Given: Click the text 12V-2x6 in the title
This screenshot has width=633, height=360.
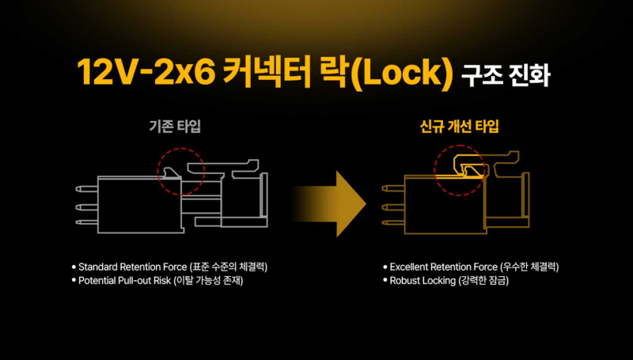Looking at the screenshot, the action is (146, 73).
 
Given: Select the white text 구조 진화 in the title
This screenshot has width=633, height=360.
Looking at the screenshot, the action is (506, 75).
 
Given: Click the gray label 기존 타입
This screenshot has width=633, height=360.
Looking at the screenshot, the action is (175, 127).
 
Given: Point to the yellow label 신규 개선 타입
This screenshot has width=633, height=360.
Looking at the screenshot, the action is (460, 127).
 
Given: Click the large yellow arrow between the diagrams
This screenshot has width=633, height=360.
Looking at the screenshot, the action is (329, 204).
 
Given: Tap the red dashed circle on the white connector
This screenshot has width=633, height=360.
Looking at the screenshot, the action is (181, 172).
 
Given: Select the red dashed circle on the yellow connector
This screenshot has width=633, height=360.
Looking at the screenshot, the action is (460, 171).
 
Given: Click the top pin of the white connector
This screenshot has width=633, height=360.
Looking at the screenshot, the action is (87, 189).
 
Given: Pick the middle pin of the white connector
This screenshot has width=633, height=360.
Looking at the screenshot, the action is (87, 207).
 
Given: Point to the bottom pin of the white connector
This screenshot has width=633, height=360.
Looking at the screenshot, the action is (87, 222).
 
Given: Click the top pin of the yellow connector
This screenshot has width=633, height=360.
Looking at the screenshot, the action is (393, 188).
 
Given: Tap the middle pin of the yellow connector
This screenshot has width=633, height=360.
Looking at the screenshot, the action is (393, 207).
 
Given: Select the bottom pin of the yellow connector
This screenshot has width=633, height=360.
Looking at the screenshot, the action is (393, 222).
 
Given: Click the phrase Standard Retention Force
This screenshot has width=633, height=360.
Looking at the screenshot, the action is (133, 267).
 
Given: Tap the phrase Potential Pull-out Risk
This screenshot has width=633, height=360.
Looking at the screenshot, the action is (125, 281).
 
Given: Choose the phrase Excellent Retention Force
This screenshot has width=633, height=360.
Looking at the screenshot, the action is (444, 267).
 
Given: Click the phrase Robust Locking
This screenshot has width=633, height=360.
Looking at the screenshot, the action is (423, 281).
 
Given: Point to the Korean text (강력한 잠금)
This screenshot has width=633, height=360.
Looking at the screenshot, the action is (483, 281).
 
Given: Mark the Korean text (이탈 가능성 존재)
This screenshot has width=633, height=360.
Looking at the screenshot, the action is (208, 281).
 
